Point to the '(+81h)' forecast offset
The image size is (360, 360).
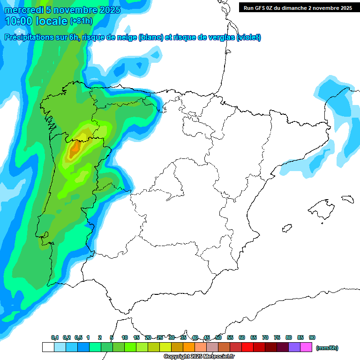(x=81, y=22)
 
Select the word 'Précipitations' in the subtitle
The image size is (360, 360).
(x=28, y=37)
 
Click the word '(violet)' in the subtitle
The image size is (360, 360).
(x=249, y=37)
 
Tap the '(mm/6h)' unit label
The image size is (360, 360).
(x=327, y=348)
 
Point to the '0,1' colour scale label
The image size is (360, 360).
(x=55, y=337)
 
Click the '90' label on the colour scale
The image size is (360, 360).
(x=312, y=337)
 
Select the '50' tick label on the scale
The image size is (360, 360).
(x=218, y=337)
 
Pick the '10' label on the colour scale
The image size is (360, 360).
(x=125, y=337)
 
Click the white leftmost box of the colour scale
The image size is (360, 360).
(x=48, y=347)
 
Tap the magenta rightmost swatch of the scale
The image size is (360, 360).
(x=306, y=347)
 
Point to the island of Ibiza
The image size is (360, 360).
(x=286, y=229)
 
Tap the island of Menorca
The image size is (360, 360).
(x=347, y=199)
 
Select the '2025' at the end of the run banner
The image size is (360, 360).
(x=345, y=8)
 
